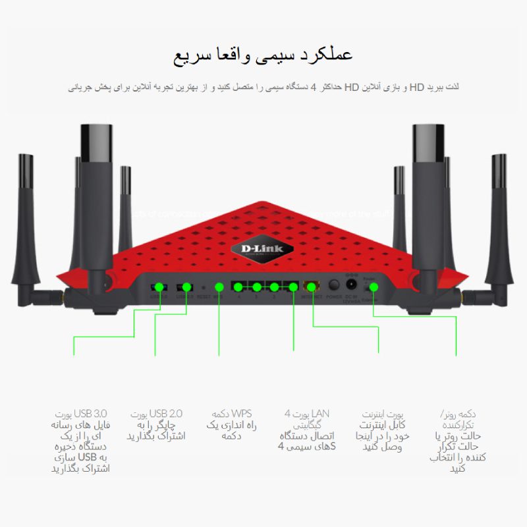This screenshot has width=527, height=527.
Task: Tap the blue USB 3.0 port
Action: click(x=158, y=287)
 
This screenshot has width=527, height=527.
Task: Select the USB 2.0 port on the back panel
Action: click(x=186, y=287)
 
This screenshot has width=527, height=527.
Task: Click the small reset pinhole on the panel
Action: click(x=204, y=287)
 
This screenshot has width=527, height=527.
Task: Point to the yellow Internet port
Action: click(x=310, y=287)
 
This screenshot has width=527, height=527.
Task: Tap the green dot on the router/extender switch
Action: click(x=374, y=287)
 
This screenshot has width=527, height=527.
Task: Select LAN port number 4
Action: click(x=237, y=287)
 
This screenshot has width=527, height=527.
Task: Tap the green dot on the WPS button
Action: click(x=219, y=287)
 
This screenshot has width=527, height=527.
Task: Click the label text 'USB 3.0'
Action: click(x=91, y=414)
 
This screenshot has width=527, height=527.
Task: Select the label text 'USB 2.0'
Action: click(x=166, y=414)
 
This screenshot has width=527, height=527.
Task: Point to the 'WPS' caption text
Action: click(x=240, y=414)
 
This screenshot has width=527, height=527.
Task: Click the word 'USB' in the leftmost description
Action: click(x=87, y=458)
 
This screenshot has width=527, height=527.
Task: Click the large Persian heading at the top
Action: click(x=263, y=55)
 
